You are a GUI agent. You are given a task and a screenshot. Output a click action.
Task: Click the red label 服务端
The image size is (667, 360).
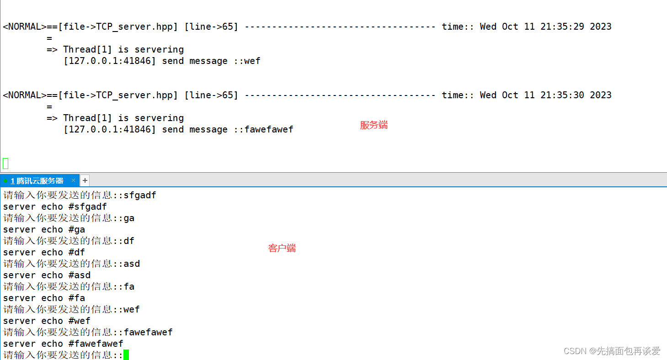tap(374, 125)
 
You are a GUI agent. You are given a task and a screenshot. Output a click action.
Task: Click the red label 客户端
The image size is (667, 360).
tap(282, 249)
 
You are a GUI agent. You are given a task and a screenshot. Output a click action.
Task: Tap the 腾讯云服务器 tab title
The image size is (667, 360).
tap(37, 181)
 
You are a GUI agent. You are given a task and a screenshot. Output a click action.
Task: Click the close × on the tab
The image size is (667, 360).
tap(73, 180)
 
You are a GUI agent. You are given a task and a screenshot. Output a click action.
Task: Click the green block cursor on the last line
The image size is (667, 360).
tap(126, 355)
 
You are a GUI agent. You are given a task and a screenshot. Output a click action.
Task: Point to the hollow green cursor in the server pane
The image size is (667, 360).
tap(5, 163)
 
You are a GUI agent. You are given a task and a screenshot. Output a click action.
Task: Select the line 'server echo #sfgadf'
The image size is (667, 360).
tap(55, 207)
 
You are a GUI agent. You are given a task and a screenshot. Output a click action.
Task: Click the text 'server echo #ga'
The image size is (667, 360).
tap(44, 230)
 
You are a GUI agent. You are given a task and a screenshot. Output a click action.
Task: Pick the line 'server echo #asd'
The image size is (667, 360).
tap(47, 275)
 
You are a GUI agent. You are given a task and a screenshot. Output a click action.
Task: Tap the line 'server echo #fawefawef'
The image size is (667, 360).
tap(63, 344)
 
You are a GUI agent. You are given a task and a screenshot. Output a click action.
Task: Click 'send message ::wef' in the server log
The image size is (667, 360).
tap(211, 61)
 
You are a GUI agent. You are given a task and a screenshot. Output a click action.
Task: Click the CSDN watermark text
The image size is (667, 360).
tap(612, 351)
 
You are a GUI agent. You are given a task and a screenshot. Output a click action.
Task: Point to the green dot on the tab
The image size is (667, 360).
tap(5, 181)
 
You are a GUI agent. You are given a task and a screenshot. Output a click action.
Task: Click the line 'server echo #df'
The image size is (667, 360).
tap(44, 253)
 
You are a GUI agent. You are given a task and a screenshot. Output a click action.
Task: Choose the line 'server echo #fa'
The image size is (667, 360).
tap(44, 298)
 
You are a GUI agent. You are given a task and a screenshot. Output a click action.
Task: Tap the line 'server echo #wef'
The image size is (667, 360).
tap(47, 321)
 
